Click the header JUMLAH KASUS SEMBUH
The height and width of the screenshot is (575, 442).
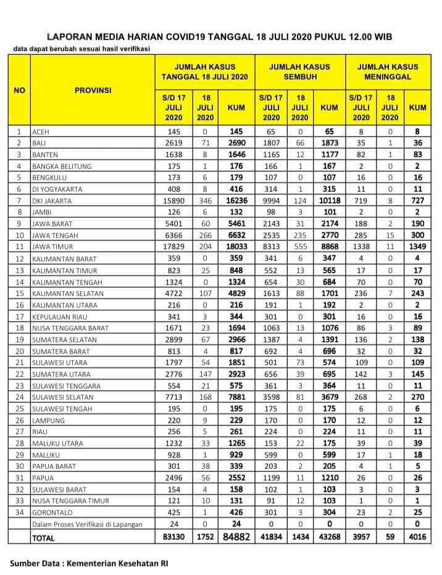point(299,72)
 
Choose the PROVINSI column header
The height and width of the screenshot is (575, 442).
point(93,90)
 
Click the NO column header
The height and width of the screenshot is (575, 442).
point(19,90)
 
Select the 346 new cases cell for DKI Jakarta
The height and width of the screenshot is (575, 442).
point(205,201)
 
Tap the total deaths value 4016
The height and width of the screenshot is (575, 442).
point(417,537)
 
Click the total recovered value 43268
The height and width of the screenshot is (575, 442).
point(329,537)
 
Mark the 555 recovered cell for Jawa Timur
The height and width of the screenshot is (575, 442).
point(299,247)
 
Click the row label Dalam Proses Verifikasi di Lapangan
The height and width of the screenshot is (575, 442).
point(87,525)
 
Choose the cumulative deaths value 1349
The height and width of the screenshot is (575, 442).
point(417,247)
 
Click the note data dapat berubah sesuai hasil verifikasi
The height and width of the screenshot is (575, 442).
point(81,49)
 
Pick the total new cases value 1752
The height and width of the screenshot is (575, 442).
point(205,537)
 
